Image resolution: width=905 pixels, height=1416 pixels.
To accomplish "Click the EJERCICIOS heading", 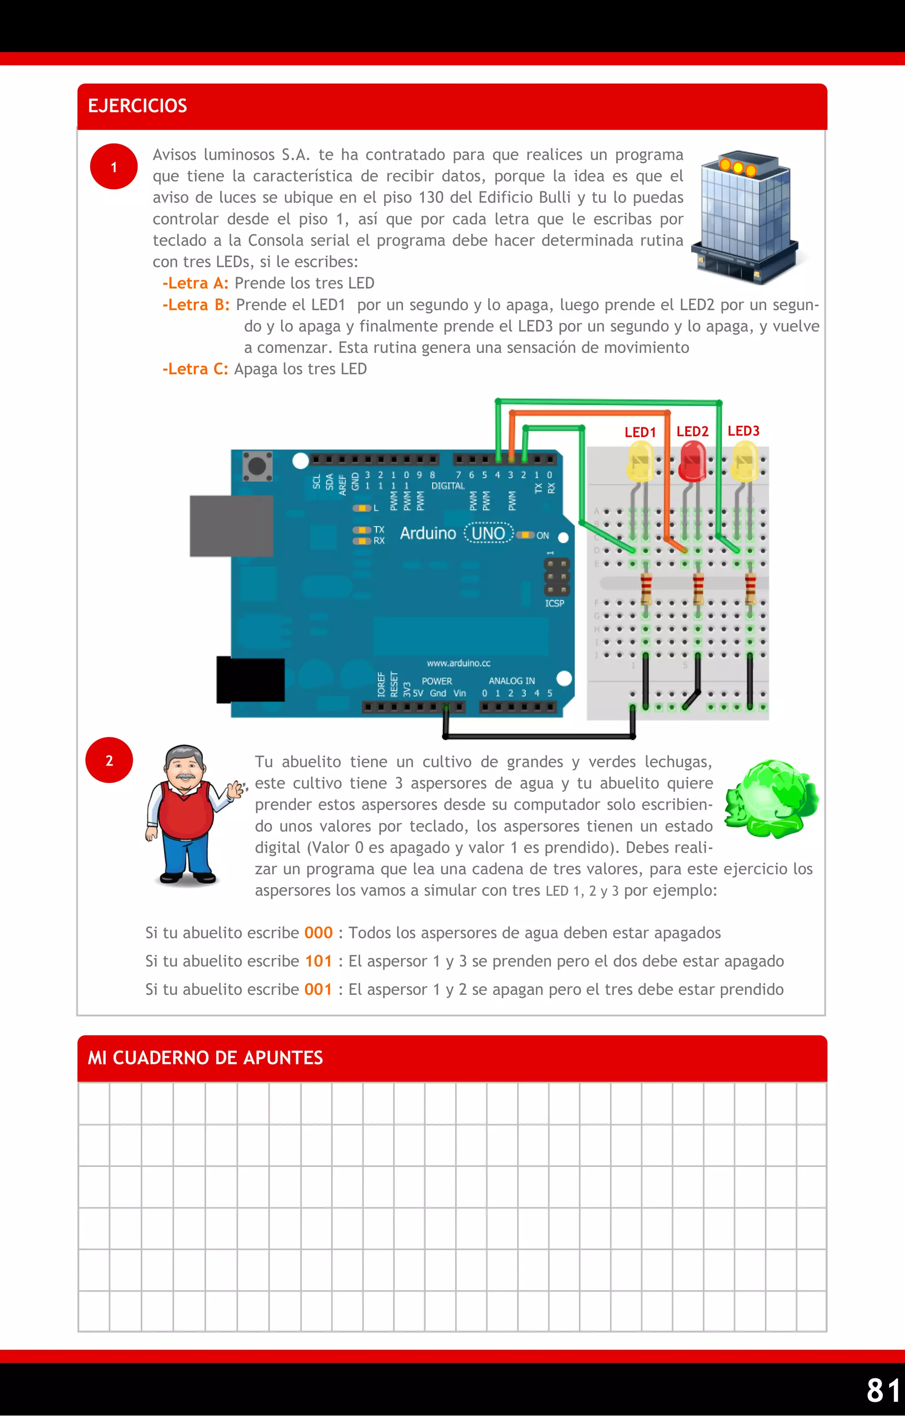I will point(137,106).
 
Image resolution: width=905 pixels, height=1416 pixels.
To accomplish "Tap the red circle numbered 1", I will point(114,167).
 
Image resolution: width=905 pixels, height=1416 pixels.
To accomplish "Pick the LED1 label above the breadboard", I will point(640,432).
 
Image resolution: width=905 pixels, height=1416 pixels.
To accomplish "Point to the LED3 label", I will point(743,431).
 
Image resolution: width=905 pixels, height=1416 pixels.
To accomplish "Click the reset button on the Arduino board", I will point(257,466).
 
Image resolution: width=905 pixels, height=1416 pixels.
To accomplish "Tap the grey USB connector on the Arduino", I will point(231,526).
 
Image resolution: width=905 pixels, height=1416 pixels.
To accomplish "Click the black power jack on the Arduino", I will point(251,680).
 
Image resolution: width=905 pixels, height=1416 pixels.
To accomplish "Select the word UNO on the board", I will point(488,533).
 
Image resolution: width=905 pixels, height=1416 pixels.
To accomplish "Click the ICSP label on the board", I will point(555,604).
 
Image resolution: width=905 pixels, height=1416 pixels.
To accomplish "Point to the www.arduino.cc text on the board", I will point(459,663).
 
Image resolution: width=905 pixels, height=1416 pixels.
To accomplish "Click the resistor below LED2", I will point(698,589).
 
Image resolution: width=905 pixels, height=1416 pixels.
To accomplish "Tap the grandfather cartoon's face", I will point(185,767).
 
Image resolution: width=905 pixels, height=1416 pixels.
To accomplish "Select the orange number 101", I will point(318,961).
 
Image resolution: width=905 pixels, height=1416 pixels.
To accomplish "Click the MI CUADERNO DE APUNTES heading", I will point(205,1058).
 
